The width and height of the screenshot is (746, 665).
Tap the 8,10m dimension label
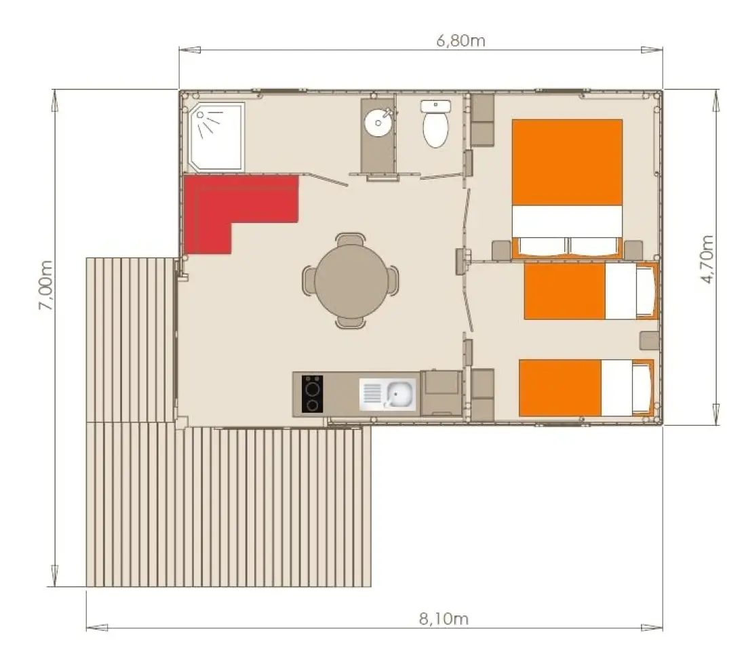point(444,618)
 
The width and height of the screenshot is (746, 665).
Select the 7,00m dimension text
point(45,285)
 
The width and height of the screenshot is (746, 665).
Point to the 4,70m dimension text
point(707,259)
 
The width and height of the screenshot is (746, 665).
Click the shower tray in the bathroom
point(217,136)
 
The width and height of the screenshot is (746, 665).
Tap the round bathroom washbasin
point(378,122)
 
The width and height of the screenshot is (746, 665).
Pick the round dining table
point(351,281)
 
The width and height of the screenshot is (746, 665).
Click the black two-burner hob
point(312,394)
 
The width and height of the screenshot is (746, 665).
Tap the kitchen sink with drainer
point(387,395)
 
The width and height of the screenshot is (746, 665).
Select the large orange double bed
point(567,189)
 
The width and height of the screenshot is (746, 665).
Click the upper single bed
point(591,291)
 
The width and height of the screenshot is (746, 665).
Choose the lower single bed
point(587,388)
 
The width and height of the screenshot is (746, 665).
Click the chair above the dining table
point(350,239)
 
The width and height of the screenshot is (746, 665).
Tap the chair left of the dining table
point(309,281)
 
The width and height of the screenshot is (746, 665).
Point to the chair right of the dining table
point(393,281)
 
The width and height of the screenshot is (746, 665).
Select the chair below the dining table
point(350,322)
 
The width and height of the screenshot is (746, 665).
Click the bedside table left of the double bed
point(501,250)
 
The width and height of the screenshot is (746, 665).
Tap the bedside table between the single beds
point(650,341)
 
